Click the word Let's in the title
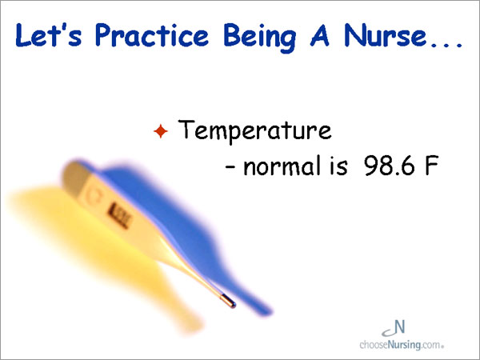[49, 35]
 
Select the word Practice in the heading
[152, 35]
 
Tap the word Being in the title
[260, 38]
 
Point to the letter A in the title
[319, 35]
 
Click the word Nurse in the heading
[385, 35]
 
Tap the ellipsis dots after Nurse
[446, 45]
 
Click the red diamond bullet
[161, 131]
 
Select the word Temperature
[254, 131]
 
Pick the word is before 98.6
[338, 166]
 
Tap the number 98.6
[390, 166]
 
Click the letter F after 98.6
[432, 166]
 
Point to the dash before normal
[230, 167]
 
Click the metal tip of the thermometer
[228, 301]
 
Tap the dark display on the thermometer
[120, 215]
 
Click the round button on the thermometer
[92, 195]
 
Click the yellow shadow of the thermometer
[101, 251]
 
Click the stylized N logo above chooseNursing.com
[394, 328]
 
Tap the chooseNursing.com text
[402, 345]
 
